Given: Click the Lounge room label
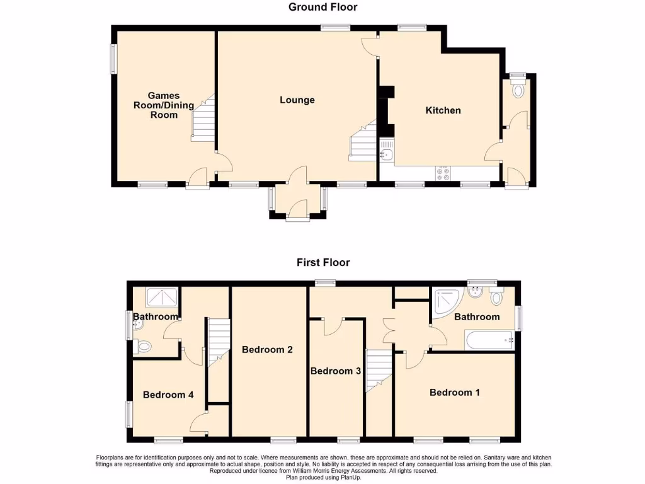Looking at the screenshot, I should tap(297, 100).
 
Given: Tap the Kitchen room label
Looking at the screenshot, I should tap(443, 110).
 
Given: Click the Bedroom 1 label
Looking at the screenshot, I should tap(455, 393).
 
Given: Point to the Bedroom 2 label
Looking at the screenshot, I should tap(267, 350).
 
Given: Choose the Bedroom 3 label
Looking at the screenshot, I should tap(336, 371).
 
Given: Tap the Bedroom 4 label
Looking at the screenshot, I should tap(168, 395).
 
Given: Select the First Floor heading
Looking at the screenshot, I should tap(324, 263).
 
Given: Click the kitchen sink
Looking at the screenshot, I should tap(385, 153).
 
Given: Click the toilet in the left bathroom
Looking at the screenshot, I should tap(144, 346).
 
